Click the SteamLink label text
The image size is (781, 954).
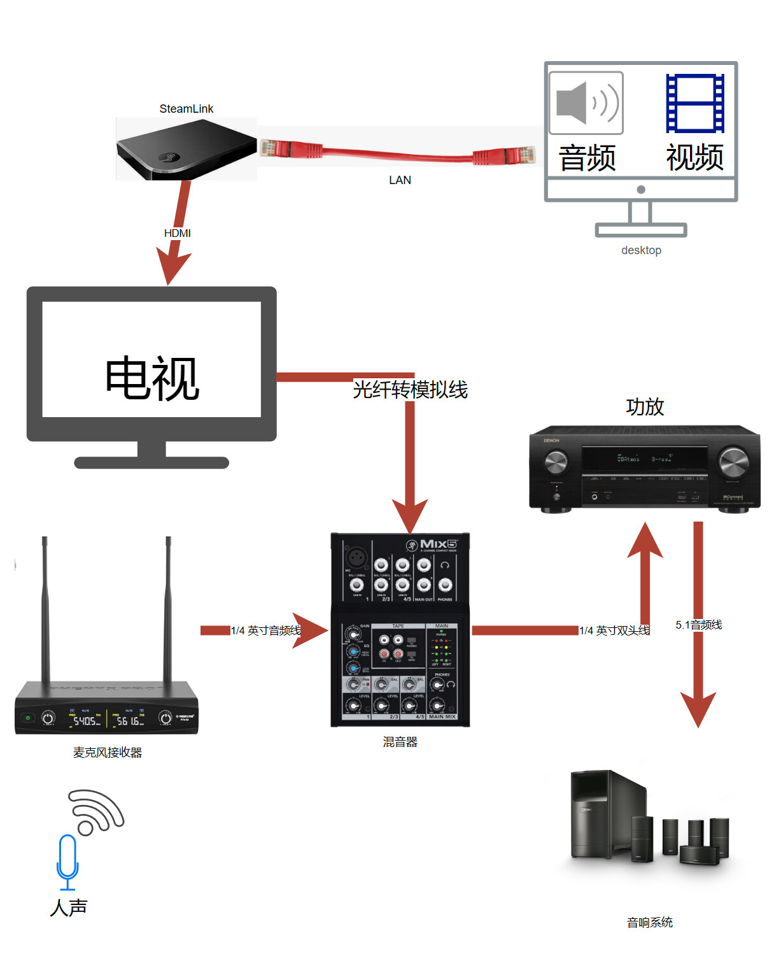tap(186, 109)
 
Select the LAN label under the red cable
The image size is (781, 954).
tap(400, 180)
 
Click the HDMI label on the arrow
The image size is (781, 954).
tap(177, 233)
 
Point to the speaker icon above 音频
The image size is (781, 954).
tap(586, 103)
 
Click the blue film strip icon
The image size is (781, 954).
tap(694, 103)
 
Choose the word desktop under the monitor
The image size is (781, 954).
tap(641, 250)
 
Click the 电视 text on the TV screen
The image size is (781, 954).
tap(152, 378)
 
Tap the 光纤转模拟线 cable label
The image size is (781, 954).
tap(411, 389)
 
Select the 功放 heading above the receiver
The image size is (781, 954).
tap(645, 406)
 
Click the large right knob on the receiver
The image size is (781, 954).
tap(733, 462)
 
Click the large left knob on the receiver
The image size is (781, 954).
tap(556, 462)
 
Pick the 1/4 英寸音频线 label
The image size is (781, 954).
tap(265, 630)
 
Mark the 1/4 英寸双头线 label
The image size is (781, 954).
tap(614, 630)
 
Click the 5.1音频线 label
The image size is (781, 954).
tap(699, 625)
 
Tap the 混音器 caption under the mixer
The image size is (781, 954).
tap(400, 742)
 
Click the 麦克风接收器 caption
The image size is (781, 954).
tap(108, 752)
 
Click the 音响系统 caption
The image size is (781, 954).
tap(650, 922)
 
